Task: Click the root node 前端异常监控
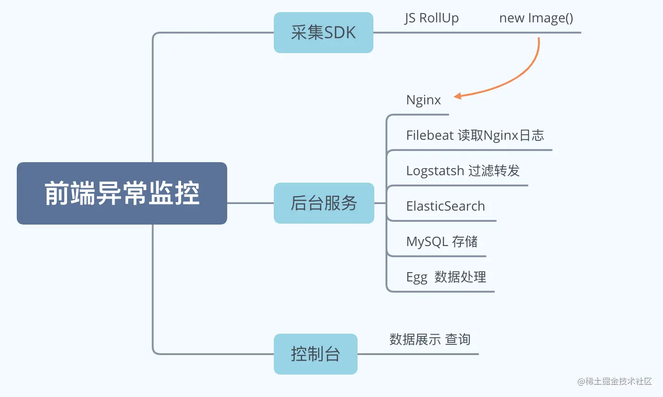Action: pyautogui.click(x=122, y=193)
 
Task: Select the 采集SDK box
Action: pyautogui.click(x=323, y=33)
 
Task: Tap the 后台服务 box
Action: pyautogui.click(x=324, y=203)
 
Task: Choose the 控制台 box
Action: pyautogui.click(x=315, y=354)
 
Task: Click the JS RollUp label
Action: pyautogui.click(x=432, y=18)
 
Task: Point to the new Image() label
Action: pyautogui.click(x=536, y=18)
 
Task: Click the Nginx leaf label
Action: pyautogui.click(x=423, y=100)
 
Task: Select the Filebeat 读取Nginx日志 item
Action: pyautogui.click(x=475, y=136)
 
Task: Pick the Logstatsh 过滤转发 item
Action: pyautogui.click(x=462, y=171)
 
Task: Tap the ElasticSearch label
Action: pyautogui.click(x=445, y=206)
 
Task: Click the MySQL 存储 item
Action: pyautogui.click(x=441, y=242)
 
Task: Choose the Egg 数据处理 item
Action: pyautogui.click(x=446, y=277)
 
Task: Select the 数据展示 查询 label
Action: pyautogui.click(x=430, y=340)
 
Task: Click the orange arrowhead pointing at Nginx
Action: pyautogui.click(x=457, y=96)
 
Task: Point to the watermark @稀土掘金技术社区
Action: pyautogui.click(x=614, y=381)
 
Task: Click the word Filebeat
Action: pyautogui.click(x=430, y=136)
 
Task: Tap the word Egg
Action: pyautogui.click(x=416, y=278)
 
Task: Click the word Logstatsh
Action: pyautogui.click(x=435, y=171)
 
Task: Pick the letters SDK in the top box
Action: pyautogui.click(x=340, y=33)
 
